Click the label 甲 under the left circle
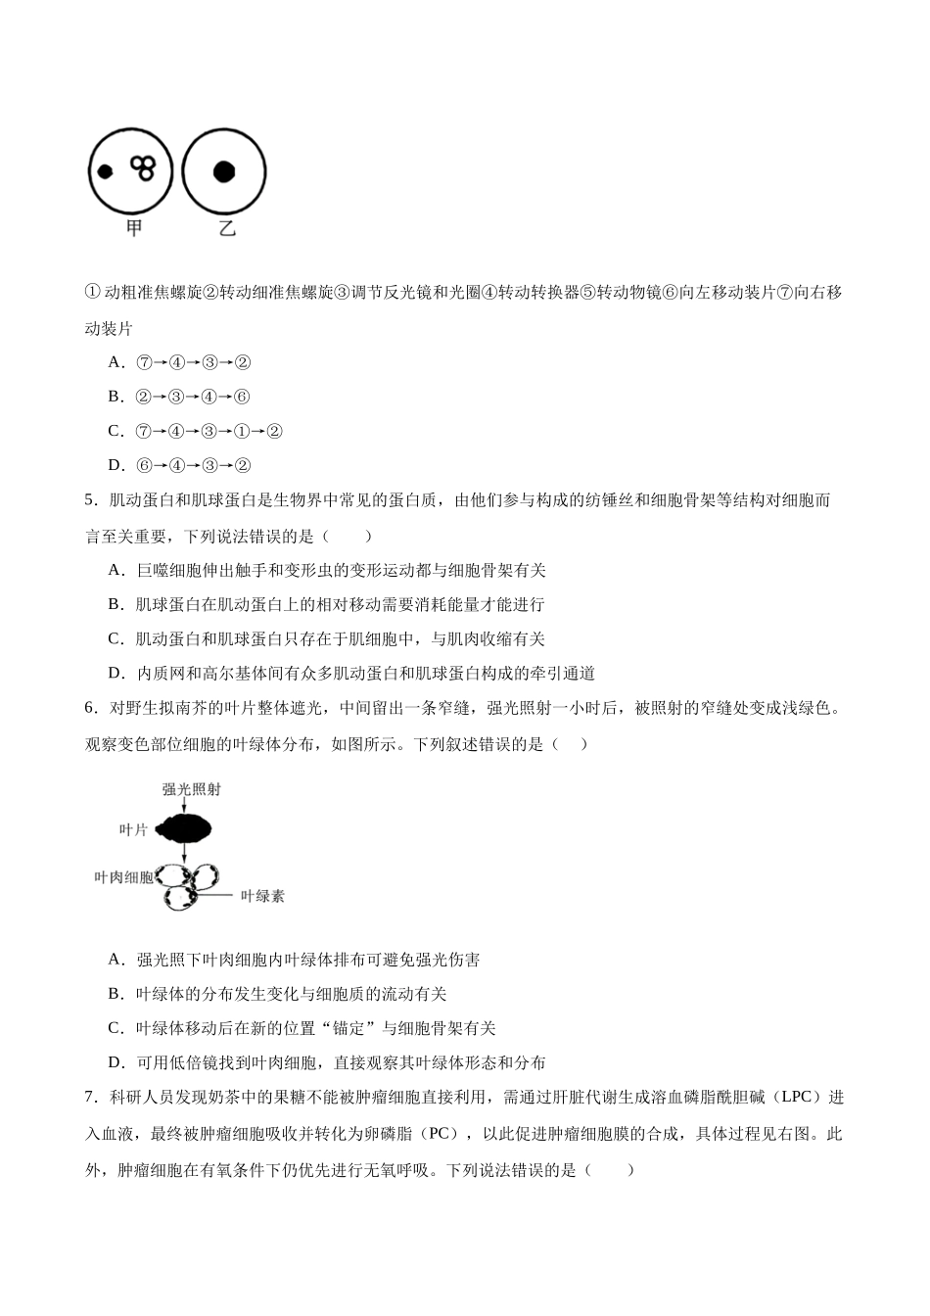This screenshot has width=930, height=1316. (134, 228)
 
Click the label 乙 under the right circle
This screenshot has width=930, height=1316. (227, 229)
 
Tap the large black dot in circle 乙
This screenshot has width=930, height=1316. (224, 171)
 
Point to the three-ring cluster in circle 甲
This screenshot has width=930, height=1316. (144, 167)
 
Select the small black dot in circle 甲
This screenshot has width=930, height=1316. (103, 172)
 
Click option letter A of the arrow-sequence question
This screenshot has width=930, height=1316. (116, 362)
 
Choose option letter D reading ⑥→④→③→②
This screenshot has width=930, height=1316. (116, 465)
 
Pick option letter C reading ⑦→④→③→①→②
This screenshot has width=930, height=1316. (116, 431)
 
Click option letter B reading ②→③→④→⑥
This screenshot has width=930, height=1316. (116, 397)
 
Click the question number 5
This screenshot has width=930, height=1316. (90, 500)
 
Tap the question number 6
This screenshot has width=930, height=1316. (90, 708)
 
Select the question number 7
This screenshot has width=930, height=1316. (90, 1098)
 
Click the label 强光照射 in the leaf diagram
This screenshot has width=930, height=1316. (192, 789)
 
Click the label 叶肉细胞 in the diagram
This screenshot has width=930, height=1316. (123, 876)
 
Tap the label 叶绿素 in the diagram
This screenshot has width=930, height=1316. (261, 895)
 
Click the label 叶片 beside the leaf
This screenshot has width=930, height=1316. (132, 829)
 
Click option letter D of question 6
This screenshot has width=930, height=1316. (116, 1063)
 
